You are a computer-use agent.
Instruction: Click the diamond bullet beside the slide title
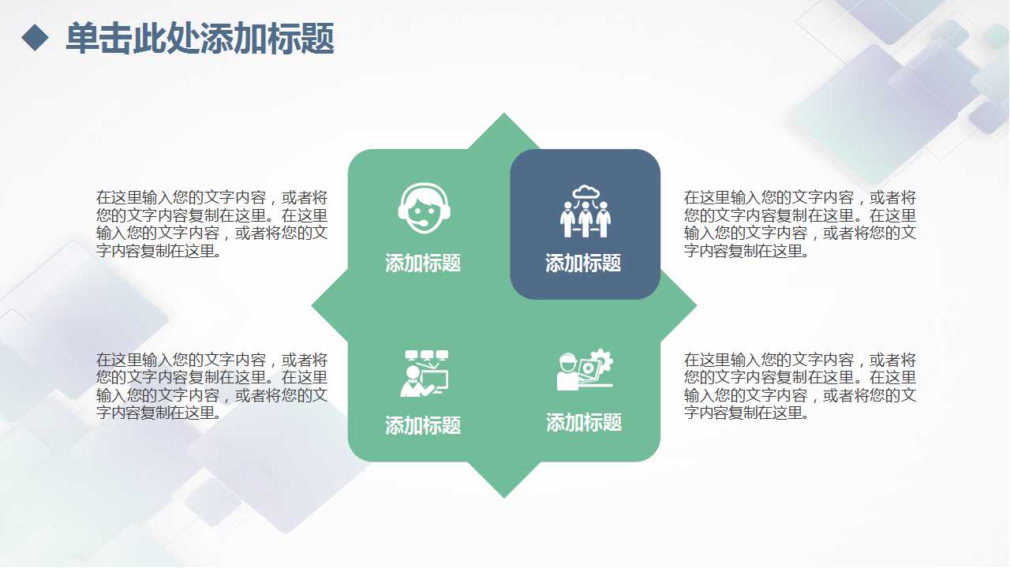pyautogui.click(x=35, y=37)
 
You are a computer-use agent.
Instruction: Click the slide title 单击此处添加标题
pyautogui.click(x=200, y=38)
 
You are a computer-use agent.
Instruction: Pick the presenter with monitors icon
pyautogui.click(x=425, y=373)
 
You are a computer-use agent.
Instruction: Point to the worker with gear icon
pyautogui.click(x=585, y=370)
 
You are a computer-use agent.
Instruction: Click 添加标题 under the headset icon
pyautogui.click(x=423, y=263)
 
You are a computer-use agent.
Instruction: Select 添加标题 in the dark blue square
pyautogui.click(x=583, y=263)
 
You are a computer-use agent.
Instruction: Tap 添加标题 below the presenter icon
pyautogui.click(x=423, y=426)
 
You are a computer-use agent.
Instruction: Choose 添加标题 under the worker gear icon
pyautogui.click(x=584, y=423)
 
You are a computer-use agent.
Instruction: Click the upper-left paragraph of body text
pyautogui.click(x=212, y=224)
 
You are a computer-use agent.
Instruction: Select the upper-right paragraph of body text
pyautogui.click(x=800, y=224)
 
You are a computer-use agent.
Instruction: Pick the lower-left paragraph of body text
pyautogui.click(x=212, y=387)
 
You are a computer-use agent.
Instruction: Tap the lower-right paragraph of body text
pyautogui.click(x=800, y=387)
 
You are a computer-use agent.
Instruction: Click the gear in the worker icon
pyautogui.click(x=603, y=361)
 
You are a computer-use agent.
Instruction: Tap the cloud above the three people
pyautogui.click(x=585, y=192)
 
